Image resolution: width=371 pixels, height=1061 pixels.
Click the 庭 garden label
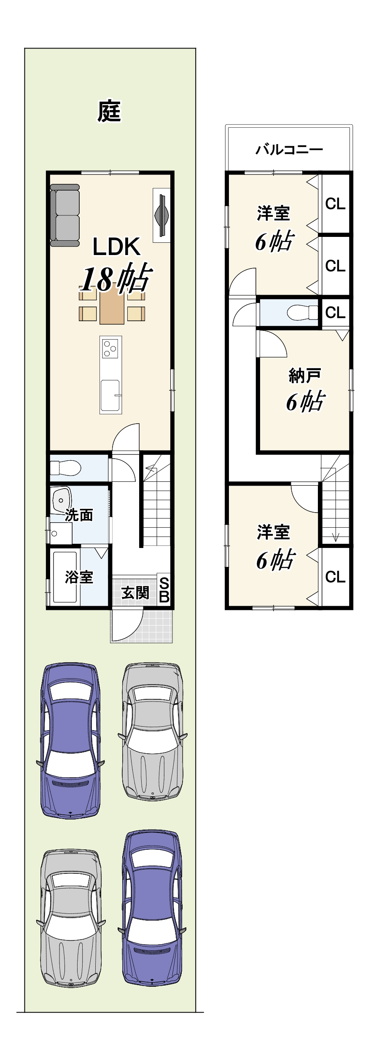point(109,111)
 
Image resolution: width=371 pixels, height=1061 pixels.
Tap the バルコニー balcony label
point(289,150)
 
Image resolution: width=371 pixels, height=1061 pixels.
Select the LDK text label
point(116,247)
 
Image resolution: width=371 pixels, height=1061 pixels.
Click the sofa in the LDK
point(65,215)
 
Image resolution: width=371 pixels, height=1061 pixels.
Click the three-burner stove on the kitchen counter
point(111,349)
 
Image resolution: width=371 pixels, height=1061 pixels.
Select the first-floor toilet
point(65,468)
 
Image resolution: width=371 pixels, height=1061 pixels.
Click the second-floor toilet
point(303,312)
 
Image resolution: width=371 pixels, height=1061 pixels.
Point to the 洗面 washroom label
point(79,515)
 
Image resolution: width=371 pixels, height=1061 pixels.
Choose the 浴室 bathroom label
point(79,577)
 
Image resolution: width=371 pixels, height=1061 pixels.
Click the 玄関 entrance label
point(135,593)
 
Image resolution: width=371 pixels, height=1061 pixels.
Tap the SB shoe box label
point(164,590)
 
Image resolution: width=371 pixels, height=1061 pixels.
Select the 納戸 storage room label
point(304,375)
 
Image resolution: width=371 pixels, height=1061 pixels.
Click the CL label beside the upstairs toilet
point(336,313)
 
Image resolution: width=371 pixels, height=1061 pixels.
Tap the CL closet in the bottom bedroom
point(336,577)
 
